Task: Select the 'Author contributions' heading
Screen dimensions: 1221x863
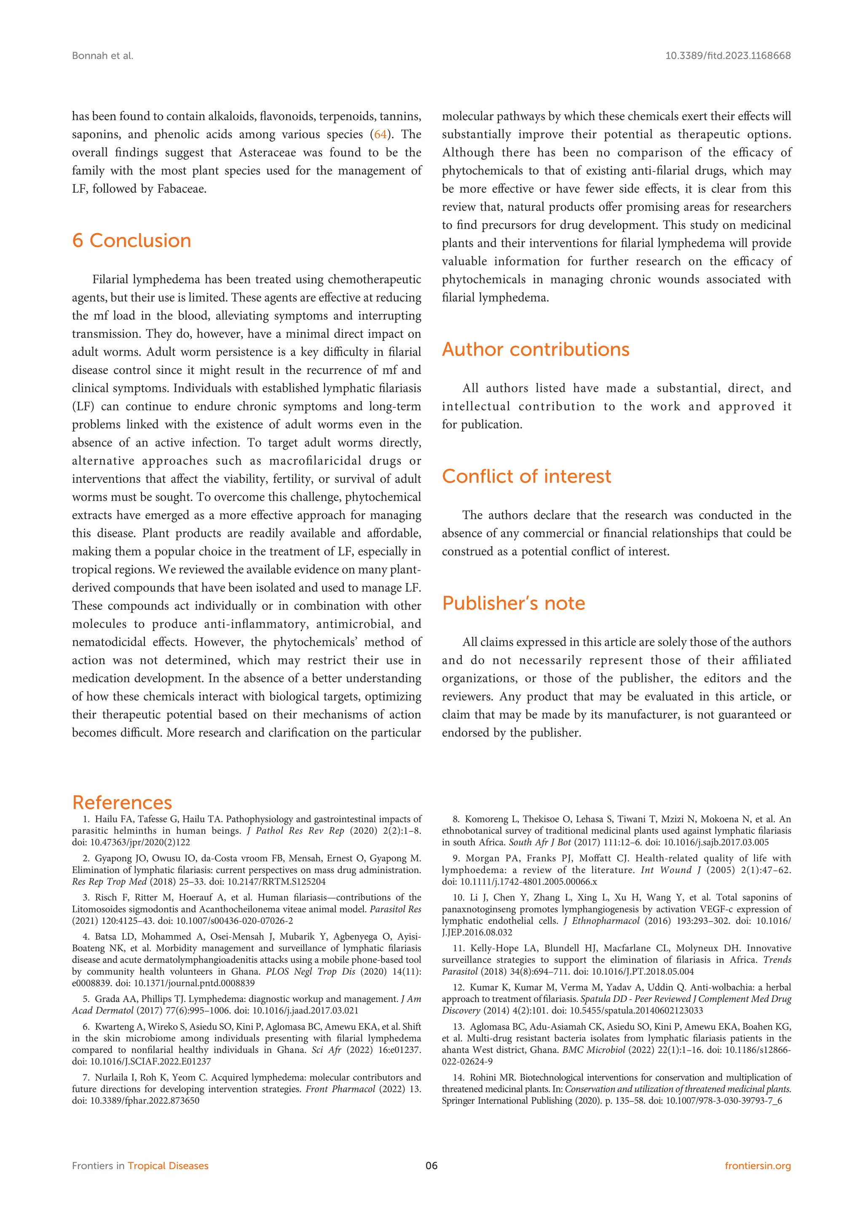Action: click(535, 349)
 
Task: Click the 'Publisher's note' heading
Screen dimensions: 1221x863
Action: click(513, 604)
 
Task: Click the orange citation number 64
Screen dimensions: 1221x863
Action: click(381, 135)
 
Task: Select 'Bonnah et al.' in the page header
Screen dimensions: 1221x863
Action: click(102, 56)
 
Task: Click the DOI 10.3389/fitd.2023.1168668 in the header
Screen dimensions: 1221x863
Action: click(727, 56)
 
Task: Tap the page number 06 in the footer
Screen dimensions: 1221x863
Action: click(431, 1166)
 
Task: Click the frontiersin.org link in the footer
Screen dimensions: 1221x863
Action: click(757, 1166)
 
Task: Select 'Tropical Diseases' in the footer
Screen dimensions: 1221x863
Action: click(168, 1166)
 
